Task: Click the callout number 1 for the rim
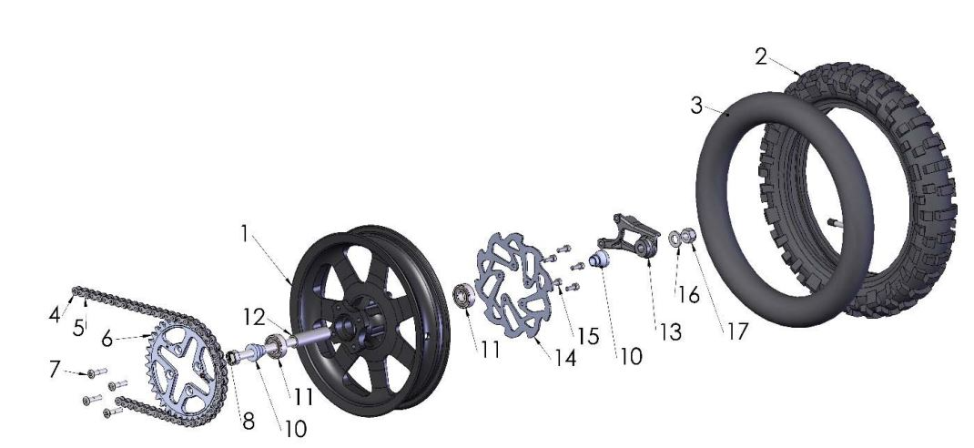coord(244,233)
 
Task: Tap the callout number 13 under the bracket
coord(670,332)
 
